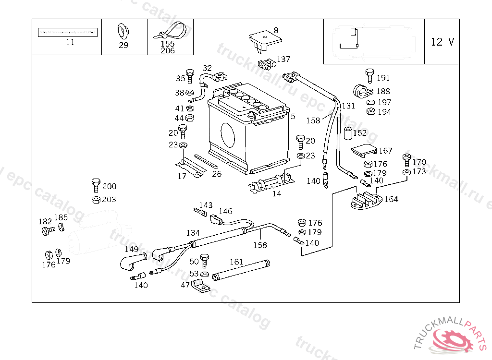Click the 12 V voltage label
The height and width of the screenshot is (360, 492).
pyautogui.click(x=442, y=42)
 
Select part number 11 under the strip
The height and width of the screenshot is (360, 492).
pyautogui.click(x=70, y=42)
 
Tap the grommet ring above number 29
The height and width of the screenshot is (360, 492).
pyautogui.click(x=123, y=32)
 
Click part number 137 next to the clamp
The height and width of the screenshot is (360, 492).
pyautogui.click(x=283, y=60)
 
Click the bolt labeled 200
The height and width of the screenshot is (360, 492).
pyautogui.click(x=95, y=185)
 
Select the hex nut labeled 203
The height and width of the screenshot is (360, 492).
pyautogui.click(x=95, y=199)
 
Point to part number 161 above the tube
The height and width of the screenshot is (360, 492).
pyautogui.click(x=236, y=262)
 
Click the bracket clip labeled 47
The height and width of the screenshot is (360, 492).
pyautogui.click(x=201, y=288)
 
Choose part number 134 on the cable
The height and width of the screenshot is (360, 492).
pyautogui.click(x=193, y=233)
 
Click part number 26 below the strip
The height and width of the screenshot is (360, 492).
pyautogui.click(x=217, y=174)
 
